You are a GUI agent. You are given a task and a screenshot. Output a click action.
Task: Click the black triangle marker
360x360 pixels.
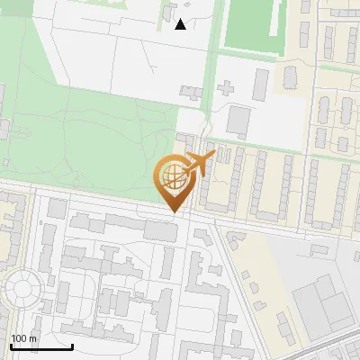pyautogui.click(x=181, y=24)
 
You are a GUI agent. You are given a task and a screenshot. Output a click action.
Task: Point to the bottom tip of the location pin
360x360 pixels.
pyautogui.click(x=173, y=212)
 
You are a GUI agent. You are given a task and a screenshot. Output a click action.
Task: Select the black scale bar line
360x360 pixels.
pyautogui.click(x=41, y=346)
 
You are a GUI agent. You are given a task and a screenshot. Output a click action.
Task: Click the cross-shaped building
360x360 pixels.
pyautogui.click(x=225, y=89)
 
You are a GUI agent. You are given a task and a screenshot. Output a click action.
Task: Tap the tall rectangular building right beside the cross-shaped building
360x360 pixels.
pyautogui.click(x=261, y=84)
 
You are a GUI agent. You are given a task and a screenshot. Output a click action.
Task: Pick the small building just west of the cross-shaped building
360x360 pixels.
pyautogui.click(x=193, y=92)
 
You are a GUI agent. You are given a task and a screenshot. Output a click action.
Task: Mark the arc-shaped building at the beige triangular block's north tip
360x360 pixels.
pyautogui.click(x=237, y=238)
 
